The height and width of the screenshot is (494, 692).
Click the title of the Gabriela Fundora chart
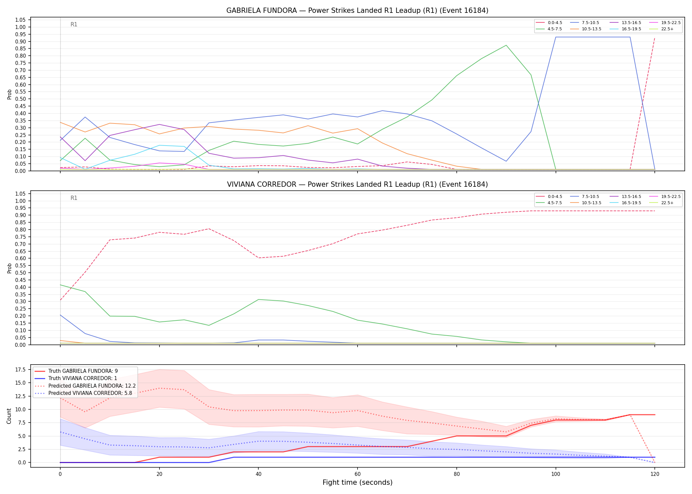tap(357, 11)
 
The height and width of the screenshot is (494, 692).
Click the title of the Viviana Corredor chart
tap(357, 184)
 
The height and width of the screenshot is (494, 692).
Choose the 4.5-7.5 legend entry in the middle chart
tap(549, 203)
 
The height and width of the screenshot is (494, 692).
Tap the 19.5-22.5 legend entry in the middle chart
tap(665, 197)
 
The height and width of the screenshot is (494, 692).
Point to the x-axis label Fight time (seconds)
tap(358, 482)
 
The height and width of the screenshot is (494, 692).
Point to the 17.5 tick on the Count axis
tap(21, 370)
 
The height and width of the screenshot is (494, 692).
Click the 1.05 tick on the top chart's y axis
tap(21, 20)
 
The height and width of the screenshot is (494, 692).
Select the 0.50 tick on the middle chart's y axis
tap(21, 273)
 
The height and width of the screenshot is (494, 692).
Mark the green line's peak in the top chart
tap(506, 45)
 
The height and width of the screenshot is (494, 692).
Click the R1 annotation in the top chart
tap(74, 24)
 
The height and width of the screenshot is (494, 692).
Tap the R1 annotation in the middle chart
tap(74, 198)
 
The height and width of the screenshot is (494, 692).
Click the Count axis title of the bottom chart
tap(9, 416)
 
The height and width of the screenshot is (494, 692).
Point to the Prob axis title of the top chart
tap(10, 95)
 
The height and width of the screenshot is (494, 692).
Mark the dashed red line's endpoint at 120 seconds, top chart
tap(655, 37)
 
